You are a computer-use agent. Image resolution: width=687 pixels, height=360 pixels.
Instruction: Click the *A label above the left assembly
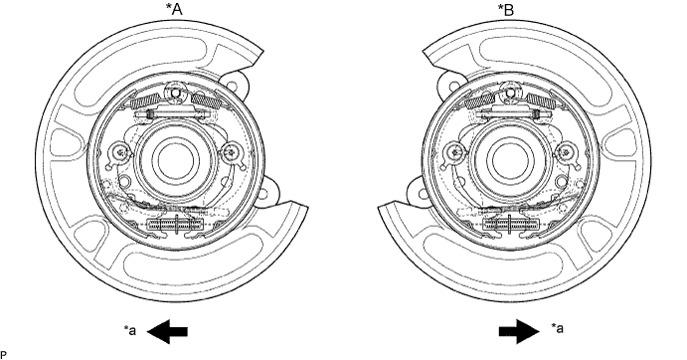(x=174, y=9)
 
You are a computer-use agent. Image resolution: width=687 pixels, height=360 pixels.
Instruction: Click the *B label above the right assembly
(x=506, y=9)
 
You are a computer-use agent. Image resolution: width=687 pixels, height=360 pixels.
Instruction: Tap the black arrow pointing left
(x=167, y=331)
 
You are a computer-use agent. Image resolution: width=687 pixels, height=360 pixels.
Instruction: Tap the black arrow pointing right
(x=519, y=331)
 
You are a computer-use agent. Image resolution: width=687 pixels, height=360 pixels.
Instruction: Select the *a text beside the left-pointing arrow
(x=129, y=330)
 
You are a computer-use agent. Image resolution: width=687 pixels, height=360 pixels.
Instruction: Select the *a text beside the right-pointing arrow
(x=557, y=328)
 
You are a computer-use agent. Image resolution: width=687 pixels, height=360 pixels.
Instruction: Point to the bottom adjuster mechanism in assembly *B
(x=510, y=225)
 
